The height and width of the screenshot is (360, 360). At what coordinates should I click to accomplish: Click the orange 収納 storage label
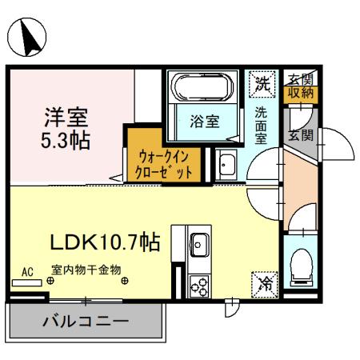click(x=302, y=94)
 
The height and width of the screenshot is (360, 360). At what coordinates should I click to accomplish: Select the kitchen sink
click(x=199, y=243)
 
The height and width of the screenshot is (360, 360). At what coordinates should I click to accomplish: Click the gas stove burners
click(x=198, y=283)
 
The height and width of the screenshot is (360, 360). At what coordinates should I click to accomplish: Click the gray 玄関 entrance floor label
click(x=301, y=133)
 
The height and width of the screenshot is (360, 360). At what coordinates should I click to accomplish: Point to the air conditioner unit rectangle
click(x=26, y=282)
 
